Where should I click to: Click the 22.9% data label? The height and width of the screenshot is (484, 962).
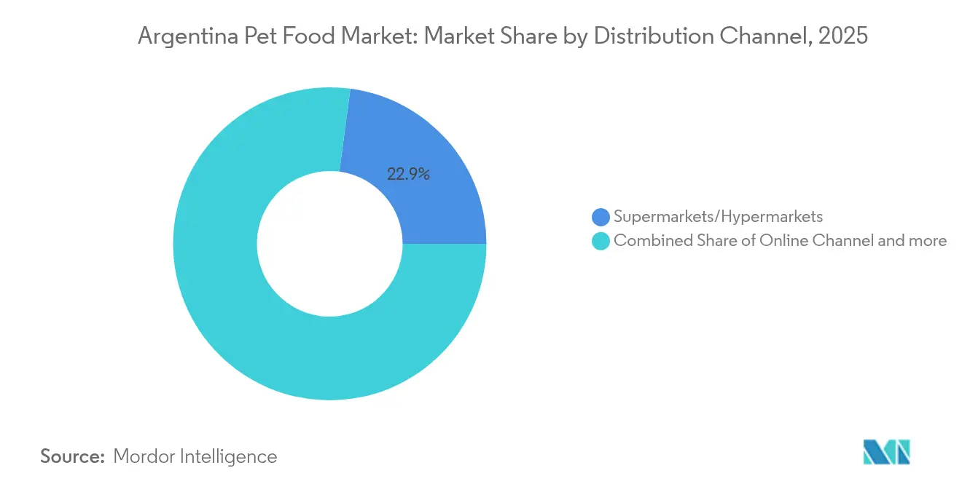[x=408, y=174]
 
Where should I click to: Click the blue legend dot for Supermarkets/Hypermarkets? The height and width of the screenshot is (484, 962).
[x=601, y=217]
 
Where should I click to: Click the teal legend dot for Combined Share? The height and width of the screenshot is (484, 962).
[x=601, y=241]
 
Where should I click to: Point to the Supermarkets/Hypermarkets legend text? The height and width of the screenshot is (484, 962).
[x=718, y=217]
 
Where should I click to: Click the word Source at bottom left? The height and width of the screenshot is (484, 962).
[x=73, y=456]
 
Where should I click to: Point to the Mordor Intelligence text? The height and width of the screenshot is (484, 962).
[x=195, y=456]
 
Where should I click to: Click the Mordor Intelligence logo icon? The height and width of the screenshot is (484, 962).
[x=886, y=452]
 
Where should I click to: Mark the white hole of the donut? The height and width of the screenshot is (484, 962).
[x=329, y=244]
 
